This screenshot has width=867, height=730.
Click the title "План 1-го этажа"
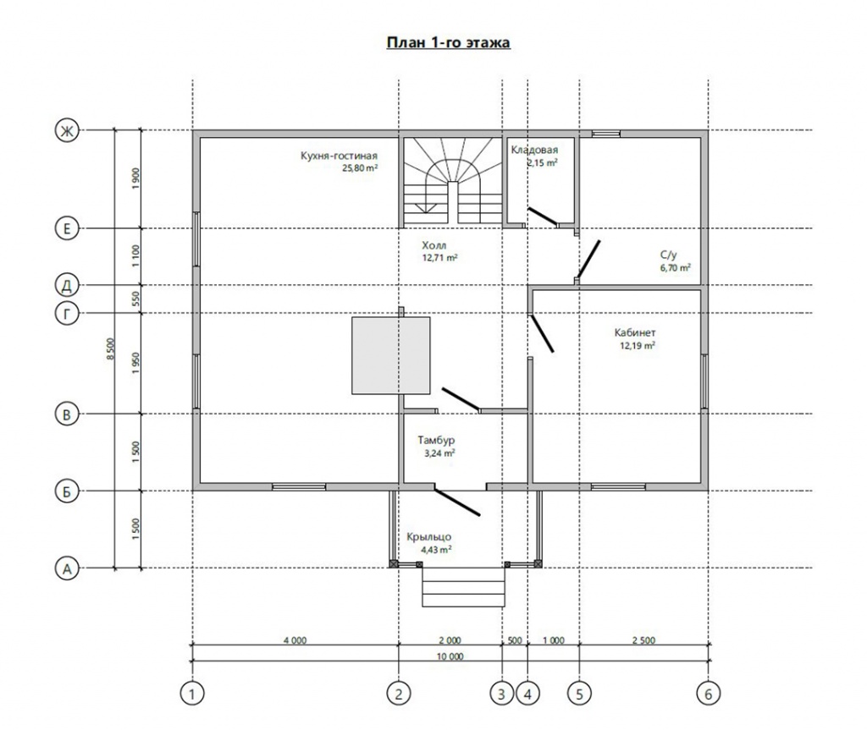click(x=448, y=42)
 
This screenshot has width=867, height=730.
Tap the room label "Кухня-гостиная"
click(x=339, y=156)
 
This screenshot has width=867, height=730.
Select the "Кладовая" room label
click(x=534, y=150)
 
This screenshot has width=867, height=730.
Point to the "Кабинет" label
click(x=635, y=332)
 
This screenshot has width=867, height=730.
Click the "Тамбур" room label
click(x=436, y=441)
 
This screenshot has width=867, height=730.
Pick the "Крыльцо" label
click(x=429, y=537)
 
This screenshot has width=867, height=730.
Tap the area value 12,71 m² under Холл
click(x=439, y=258)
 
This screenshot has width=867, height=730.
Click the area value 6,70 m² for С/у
click(x=675, y=268)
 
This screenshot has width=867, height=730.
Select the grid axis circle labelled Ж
click(x=67, y=131)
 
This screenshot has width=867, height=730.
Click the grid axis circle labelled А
click(x=67, y=568)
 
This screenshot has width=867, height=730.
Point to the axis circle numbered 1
click(x=192, y=694)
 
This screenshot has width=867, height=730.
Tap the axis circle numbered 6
click(x=709, y=694)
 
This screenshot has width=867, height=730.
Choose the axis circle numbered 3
click(x=502, y=694)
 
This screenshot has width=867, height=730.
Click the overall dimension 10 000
click(x=450, y=656)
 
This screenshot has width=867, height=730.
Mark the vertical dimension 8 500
click(x=111, y=349)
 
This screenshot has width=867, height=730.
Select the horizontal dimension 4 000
click(x=295, y=640)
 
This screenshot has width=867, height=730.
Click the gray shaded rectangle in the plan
click(x=391, y=355)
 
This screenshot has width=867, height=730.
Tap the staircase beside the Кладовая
click(x=452, y=181)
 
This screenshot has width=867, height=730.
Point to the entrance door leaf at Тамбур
click(x=456, y=502)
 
